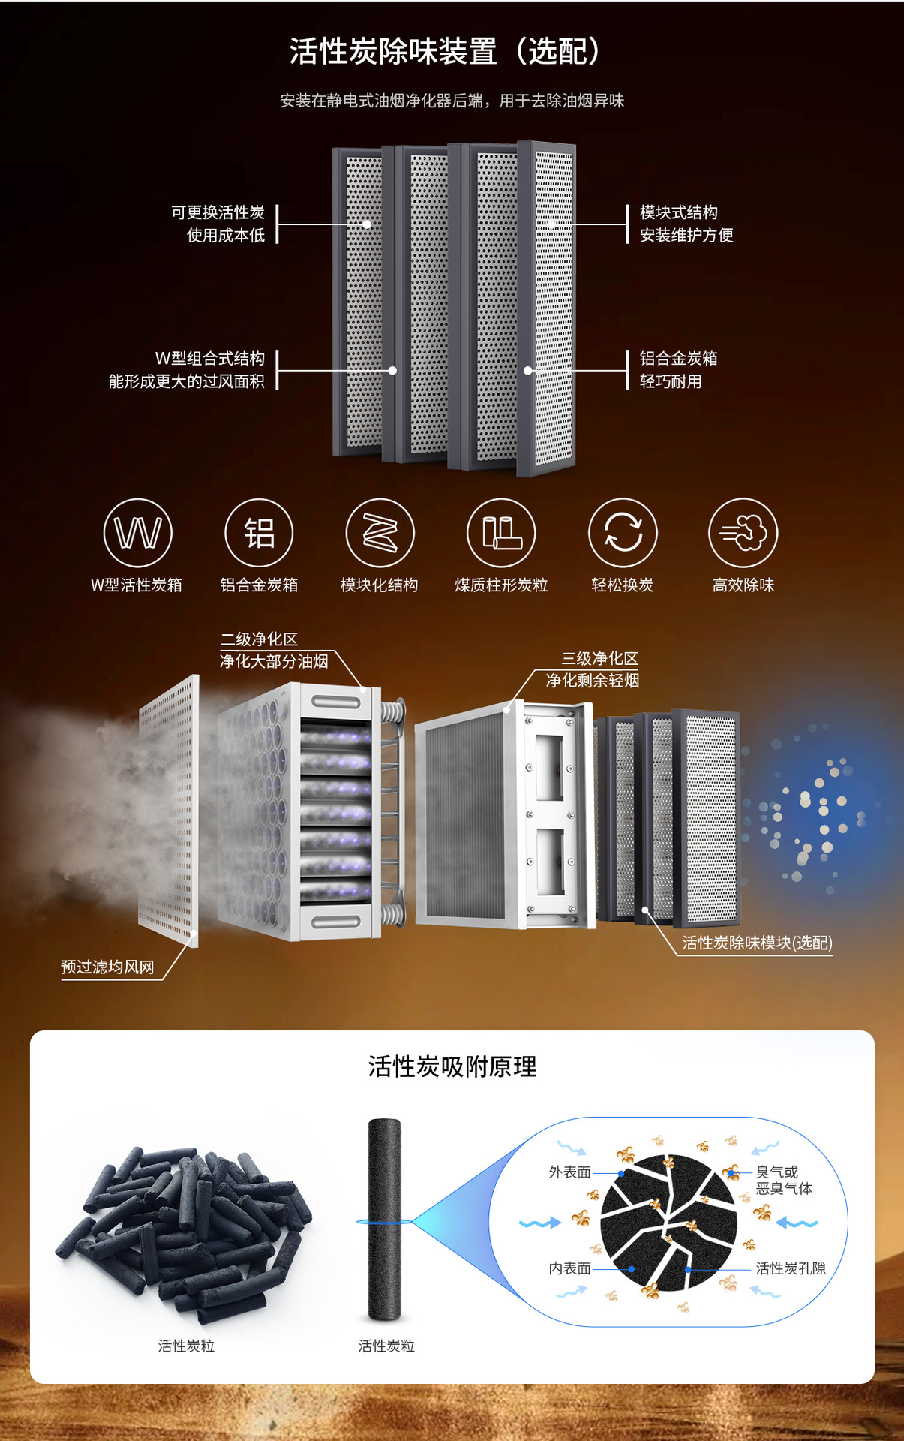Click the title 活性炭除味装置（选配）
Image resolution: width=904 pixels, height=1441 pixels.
pyautogui.click(x=445, y=51)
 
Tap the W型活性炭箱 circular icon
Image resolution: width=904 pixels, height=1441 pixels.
pyautogui.click(x=138, y=533)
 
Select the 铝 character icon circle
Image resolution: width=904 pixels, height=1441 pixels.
pyautogui.click(x=259, y=533)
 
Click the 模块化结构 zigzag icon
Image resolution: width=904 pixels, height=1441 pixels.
pyautogui.click(x=380, y=533)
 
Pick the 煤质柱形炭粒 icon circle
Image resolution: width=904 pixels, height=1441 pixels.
pyautogui.click(x=501, y=533)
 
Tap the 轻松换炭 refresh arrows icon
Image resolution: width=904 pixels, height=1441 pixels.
pyautogui.click(x=623, y=533)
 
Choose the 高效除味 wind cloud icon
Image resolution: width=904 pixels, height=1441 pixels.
pyautogui.click(x=743, y=533)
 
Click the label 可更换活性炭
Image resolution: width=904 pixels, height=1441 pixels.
pyautogui.click(x=218, y=212)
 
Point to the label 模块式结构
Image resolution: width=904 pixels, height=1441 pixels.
pyautogui.click(x=679, y=212)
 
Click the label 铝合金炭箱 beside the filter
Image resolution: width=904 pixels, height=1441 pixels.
pyautogui.click(x=679, y=358)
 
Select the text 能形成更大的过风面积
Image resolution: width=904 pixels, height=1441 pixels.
pyautogui.click(x=186, y=381)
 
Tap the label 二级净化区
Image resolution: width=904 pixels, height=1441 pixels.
pyautogui.click(x=259, y=639)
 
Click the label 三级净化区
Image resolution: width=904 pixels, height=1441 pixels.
pyautogui.click(x=599, y=658)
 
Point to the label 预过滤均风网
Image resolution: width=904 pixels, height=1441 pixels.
pyautogui.click(x=107, y=967)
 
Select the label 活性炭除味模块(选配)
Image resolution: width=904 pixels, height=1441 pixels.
pyautogui.click(x=757, y=943)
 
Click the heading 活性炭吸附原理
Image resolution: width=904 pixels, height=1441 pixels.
pyautogui.click(x=452, y=1066)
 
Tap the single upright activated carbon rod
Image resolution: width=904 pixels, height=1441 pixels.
pyautogui.click(x=385, y=1220)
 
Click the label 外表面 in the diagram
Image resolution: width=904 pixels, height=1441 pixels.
pyautogui.click(x=570, y=1172)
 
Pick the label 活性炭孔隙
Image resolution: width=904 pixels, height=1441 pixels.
pyautogui.click(x=791, y=1268)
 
